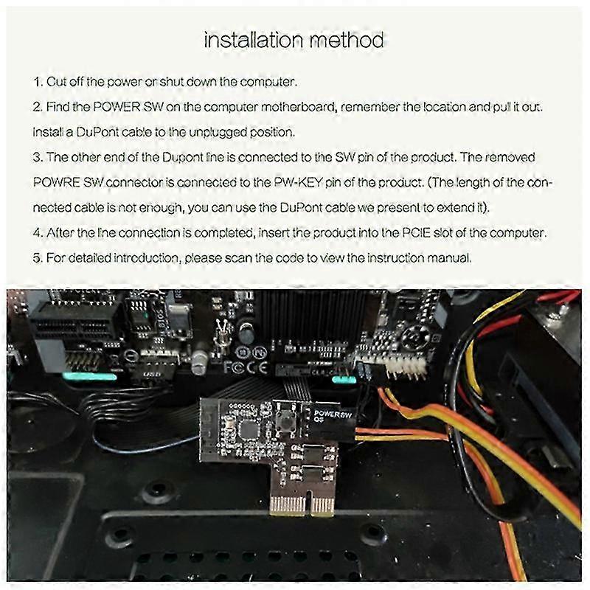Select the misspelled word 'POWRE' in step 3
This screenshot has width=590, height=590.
[x=57, y=182]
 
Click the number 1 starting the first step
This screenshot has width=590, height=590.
[x=38, y=82]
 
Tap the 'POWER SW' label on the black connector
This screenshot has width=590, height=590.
[x=333, y=415]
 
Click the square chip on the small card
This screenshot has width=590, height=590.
[x=248, y=429]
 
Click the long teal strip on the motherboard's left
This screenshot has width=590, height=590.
[x=89, y=376]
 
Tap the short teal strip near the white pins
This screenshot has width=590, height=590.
[x=344, y=380]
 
